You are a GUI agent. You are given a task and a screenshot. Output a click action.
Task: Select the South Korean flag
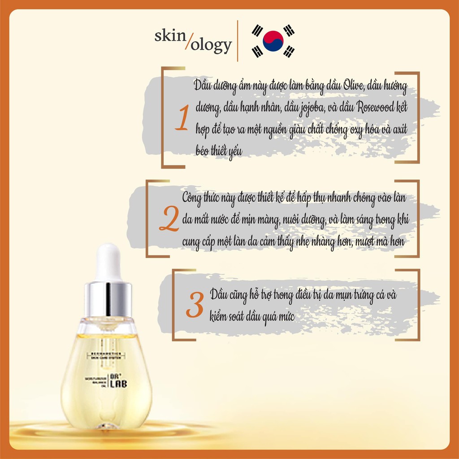[x=273, y=41]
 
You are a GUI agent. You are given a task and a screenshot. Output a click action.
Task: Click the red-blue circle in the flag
[x=273, y=41]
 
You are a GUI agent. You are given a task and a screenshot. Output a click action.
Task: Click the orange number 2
[x=169, y=221]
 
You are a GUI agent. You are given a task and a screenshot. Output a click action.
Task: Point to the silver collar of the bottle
[x=108, y=299]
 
